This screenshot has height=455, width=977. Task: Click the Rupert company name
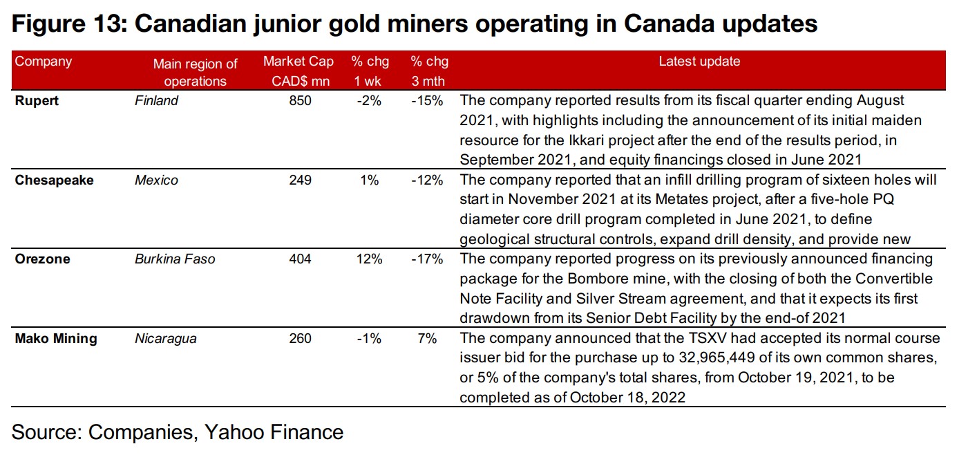pos(37,101)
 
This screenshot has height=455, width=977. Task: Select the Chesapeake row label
pos(55,180)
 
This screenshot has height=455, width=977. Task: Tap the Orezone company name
pos(43,259)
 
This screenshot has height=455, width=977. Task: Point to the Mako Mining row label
pos(56,339)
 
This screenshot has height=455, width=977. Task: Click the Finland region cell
pos(156,101)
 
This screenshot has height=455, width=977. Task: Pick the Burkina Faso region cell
pos(175,259)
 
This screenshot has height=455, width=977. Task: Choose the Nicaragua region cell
pos(165,339)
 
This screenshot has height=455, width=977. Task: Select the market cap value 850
pos(301,101)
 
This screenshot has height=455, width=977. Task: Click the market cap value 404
pos(301,259)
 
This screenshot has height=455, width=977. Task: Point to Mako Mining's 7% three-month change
pos(427,339)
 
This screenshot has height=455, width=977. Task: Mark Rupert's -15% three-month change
pos(426,101)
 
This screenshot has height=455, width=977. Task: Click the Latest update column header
pos(699,62)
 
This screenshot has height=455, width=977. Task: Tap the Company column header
pos(44,62)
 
